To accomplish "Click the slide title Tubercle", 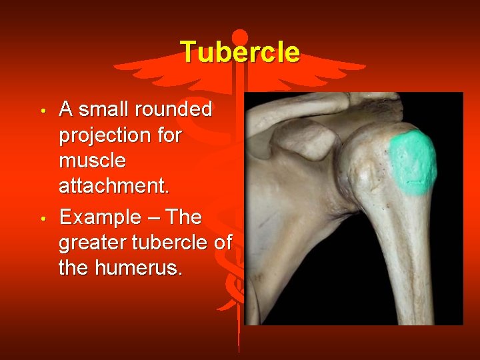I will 239,52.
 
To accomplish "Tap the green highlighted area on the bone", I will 413,162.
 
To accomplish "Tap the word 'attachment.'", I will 114,186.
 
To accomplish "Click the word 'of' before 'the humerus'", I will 222,243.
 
